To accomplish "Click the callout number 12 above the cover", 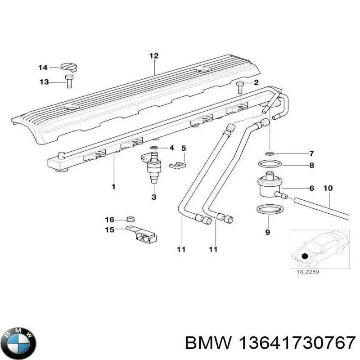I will pyautogui.click(x=154, y=56).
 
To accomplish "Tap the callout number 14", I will pyautogui.click(x=43, y=67).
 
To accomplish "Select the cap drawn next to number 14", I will pyautogui.click(x=69, y=67).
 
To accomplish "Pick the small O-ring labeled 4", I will pyautogui.click(x=154, y=148).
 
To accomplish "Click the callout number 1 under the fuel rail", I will pyautogui.click(x=113, y=186).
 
